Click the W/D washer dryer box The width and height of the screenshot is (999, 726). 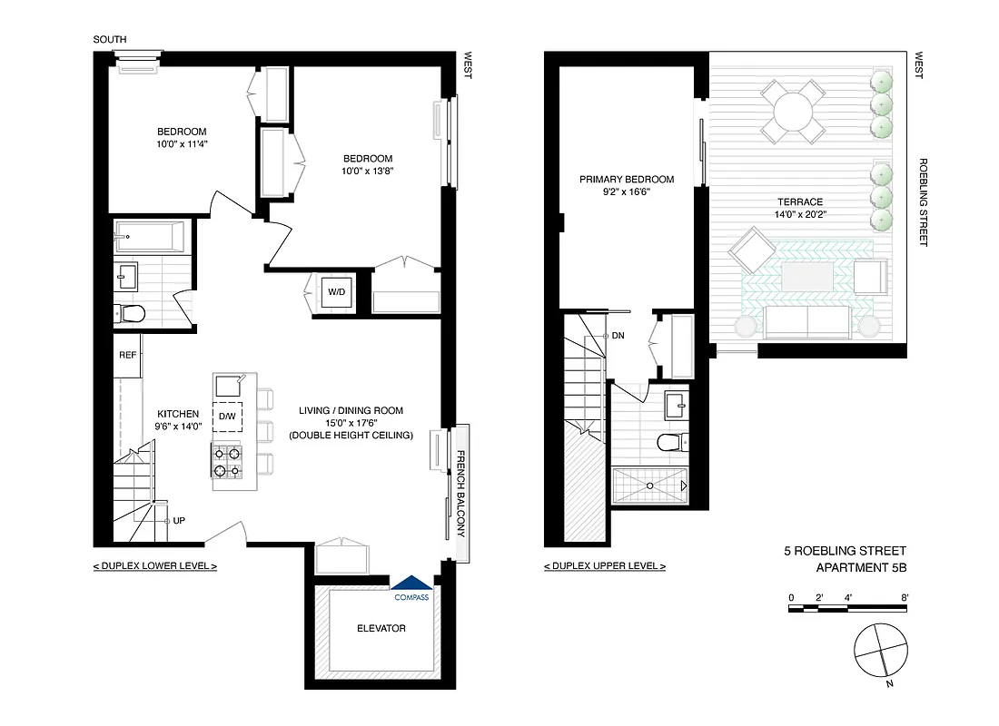click(336, 292)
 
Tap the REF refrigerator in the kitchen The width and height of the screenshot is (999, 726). click(127, 355)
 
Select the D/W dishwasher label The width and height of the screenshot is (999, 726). click(227, 416)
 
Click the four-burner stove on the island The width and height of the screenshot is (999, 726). click(227, 462)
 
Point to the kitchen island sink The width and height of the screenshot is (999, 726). click(227, 386)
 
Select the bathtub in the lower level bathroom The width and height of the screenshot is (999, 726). click(150, 236)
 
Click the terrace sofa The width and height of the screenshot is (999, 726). click(806, 320)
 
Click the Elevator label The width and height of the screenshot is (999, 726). click(381, 628)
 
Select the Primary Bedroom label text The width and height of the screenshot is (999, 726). click(627, 179)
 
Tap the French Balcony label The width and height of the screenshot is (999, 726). click(460, 494)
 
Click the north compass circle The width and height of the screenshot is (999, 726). click(880, 651)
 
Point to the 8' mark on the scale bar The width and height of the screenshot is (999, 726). click(904, 597)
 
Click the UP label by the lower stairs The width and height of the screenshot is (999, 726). click(179, 522)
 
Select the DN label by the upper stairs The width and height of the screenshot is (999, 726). click(618, 336)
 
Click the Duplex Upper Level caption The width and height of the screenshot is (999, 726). click(604, 566)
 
